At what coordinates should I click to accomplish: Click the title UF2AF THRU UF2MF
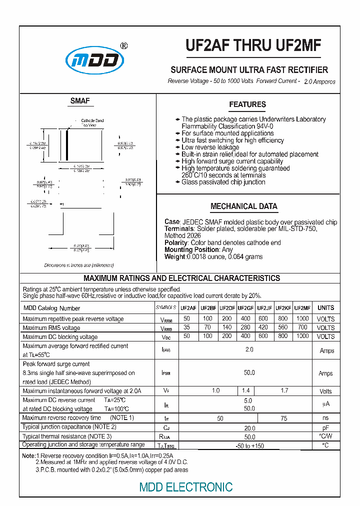(x=253, y=46)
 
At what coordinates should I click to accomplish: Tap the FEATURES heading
(x=247, y=104)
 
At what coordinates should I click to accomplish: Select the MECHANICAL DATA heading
(x=243, y=206)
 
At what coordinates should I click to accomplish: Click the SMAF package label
(x=80, y=101)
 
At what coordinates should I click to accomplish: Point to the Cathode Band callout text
(x=92, y=120)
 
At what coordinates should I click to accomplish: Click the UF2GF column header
(x=245, y=308)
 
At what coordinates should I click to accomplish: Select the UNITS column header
(x=326, y=308)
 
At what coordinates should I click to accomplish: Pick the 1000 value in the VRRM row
(x=302, y=318)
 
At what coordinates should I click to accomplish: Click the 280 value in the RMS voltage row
(x=245, y=327)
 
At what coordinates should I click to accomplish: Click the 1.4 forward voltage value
(x=245, y=390)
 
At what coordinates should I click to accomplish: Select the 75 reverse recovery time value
(x=283, y=418)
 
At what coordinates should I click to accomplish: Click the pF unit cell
(x=326, y=427)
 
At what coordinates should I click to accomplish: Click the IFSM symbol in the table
(x=166, y=373)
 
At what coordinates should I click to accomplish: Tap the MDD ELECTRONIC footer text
(x=186, y=486)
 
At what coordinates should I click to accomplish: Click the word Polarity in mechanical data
(x=176, y=242)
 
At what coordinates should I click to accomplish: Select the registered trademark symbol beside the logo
(x=124, y=45)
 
